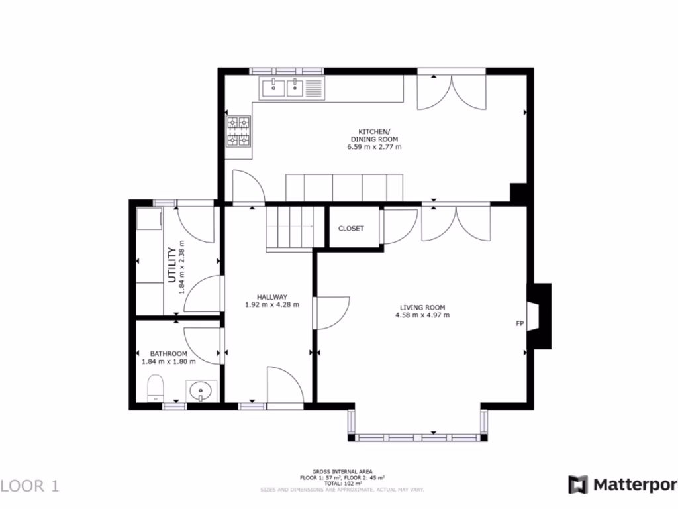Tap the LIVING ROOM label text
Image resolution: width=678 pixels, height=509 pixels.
coord(422,307)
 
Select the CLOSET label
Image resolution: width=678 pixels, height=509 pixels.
coord(351,229)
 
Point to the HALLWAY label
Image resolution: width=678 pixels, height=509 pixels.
coord(271,297)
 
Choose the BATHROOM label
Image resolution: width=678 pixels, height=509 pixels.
coord(168,354)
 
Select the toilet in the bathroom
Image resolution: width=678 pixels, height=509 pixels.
coord(156,387)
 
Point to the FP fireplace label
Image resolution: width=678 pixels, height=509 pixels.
coord(520,324)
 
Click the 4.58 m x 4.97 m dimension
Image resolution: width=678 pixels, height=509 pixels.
coord(422,315)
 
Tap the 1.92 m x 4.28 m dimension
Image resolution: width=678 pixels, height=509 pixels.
coord(271,306)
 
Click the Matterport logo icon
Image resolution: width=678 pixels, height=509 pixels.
coord(578,484)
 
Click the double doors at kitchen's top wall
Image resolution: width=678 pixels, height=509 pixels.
coord(452,91)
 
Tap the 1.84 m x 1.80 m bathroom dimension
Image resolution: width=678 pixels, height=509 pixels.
coord(168,362)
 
